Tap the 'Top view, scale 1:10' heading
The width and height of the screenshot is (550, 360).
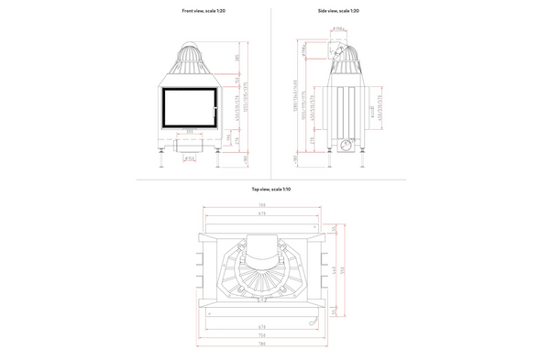pos(270,189)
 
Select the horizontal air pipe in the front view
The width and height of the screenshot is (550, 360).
pos(191,147)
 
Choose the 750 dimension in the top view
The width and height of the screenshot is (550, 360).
pos(261,334)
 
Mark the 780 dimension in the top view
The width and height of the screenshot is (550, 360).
pos(261,344)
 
